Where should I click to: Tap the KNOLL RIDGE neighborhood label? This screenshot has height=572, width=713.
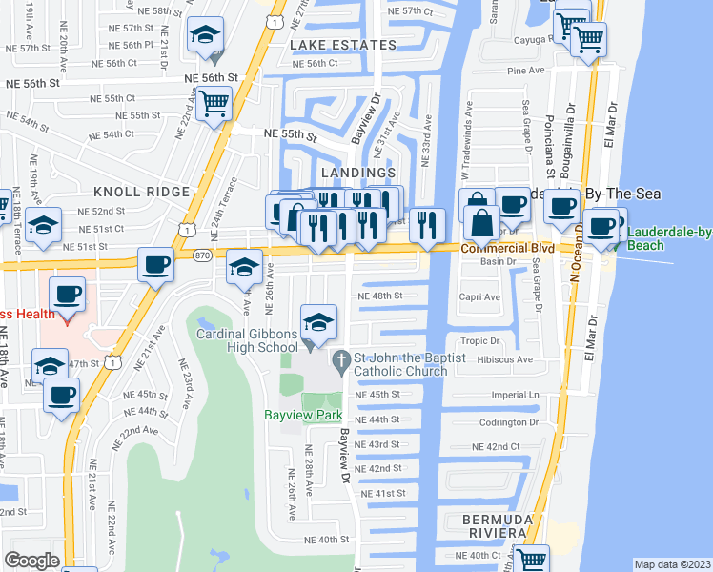(x=142, y=192)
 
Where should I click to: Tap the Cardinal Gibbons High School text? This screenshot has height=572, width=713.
(x=247, y=340)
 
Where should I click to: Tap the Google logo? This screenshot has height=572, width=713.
(x=31, y=560)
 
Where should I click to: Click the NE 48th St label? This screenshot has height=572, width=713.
(x=379, y=296)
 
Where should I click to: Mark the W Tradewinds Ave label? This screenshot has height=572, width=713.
(x=466, y=133)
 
